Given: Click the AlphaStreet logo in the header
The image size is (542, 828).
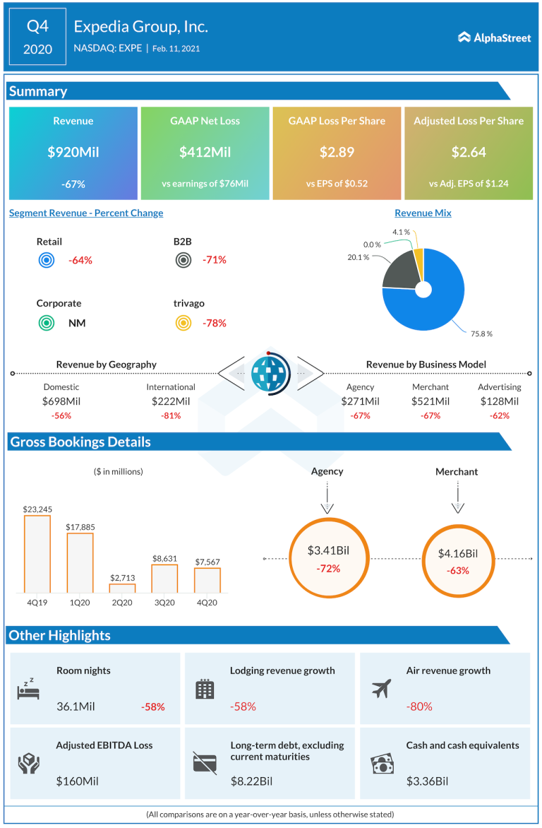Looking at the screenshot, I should coord(494,37).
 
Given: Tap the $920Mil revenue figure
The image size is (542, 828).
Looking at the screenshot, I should coord(73,152).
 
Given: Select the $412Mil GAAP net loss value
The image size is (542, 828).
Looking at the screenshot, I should coord(205,152).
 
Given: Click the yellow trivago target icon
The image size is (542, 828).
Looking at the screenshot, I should coord(183,324).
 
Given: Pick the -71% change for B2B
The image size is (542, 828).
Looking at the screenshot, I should coord(215,260).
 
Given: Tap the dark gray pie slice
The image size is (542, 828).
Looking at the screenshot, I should coord(398,268).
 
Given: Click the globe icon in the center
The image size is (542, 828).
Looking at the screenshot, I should coord(271,373).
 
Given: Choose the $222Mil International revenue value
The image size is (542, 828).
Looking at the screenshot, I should coord(171,401).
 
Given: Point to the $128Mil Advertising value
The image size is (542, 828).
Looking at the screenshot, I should coord(500,401).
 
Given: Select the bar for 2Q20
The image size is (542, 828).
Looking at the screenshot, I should coord(122,588).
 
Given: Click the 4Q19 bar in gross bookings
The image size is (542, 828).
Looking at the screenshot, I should coord(37,554).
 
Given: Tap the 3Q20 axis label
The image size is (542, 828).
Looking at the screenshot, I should coord(164,603).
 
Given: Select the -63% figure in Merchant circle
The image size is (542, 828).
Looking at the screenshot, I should coord(457,571).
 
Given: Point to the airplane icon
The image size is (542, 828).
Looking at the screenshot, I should coord(381,688).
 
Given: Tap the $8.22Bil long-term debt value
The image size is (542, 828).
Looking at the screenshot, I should coord(252,781).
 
